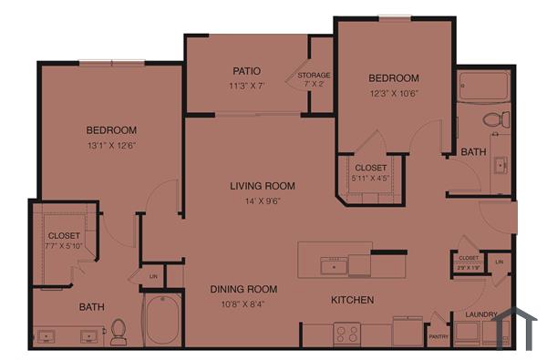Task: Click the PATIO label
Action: [x=246, y=70]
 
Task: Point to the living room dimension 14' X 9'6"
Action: [x=262, y=201]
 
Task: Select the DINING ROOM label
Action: [x=243, y=289]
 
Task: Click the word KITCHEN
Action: [x=351, y=300]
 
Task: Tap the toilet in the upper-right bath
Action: [x=495, y=118]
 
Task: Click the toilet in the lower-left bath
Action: [x=119, y=333]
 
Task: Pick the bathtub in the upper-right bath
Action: [x=482, y=87]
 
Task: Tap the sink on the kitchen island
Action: [x=334, y=266]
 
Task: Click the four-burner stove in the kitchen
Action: [x=346, y=334]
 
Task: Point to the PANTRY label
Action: [x=439, y=336]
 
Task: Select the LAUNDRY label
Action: [x=480, y=314]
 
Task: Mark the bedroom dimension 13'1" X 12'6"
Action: [x=111, y=145]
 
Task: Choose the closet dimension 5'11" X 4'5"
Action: [x=370, y=179]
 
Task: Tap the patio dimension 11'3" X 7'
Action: [x=246, y=86]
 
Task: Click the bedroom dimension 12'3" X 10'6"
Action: [x=394, y=93]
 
